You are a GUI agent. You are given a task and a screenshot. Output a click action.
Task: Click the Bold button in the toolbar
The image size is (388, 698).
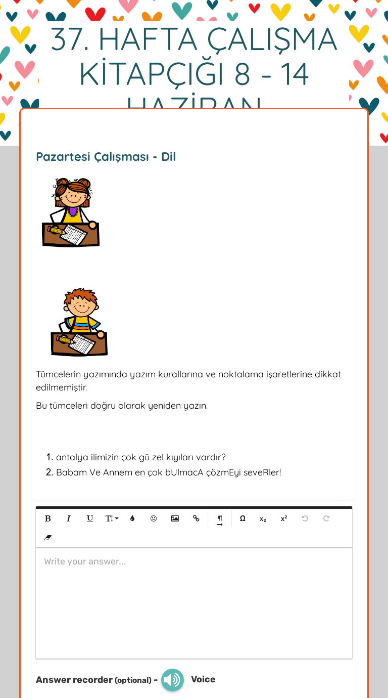48,518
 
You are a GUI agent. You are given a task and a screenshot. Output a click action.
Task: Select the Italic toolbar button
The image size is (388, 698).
69,518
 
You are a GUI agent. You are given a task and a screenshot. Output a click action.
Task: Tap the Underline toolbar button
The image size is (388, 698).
90,518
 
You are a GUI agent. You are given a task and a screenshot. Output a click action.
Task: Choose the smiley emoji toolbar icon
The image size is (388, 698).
154,518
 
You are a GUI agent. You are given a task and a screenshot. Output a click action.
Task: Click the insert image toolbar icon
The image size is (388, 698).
175,518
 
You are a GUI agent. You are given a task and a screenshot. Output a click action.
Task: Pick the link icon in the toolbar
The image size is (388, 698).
196,518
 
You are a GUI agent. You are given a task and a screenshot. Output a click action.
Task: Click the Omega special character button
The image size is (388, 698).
243,518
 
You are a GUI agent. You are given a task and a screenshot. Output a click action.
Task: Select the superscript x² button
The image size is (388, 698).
284,518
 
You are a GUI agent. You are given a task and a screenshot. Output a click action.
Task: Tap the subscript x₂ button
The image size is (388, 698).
263,519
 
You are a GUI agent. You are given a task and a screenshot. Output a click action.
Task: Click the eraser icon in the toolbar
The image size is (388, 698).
48,538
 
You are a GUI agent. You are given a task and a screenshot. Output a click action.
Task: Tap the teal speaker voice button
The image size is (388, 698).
172,680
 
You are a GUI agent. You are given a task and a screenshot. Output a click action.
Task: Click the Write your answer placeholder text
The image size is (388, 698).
85,561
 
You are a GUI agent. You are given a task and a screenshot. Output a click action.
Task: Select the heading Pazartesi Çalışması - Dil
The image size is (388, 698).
106,157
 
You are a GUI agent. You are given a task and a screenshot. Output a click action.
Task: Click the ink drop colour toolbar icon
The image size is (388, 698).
132,518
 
